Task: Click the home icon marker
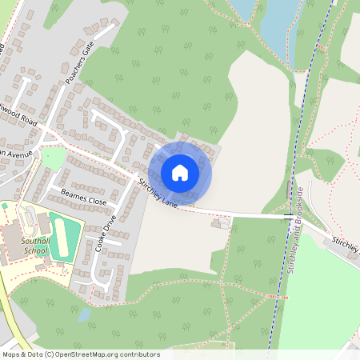[x=180, y=173]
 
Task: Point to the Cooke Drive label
[x=106, y=234]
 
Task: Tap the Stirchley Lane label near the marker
[x=158, y=194]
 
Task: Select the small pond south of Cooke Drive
[x=84, y=314]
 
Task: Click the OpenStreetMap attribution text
[x=80, y=354]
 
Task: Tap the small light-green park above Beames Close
[x=53, y=158]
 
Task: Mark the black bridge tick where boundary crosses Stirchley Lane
[x=286, y=216]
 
